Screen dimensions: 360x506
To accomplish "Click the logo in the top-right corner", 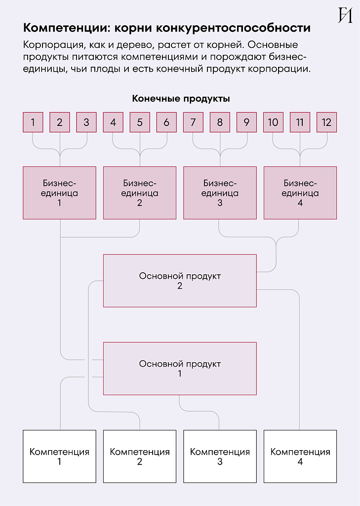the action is pos(345,15).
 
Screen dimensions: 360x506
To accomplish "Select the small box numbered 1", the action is pos(33,123).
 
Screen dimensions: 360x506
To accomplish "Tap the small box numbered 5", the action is pos(140,123).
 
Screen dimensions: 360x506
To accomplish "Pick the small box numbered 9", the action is pos(246,123).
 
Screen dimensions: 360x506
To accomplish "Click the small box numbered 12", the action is pos(326,123).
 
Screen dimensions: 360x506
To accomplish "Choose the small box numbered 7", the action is pos(193,123).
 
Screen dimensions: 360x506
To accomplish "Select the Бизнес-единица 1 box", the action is pos(59,193).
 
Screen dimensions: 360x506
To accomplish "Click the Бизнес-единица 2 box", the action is pos(140,193).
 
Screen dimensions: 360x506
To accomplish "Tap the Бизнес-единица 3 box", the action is pos(220,193).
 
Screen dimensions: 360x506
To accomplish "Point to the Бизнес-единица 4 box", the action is pos(300,193).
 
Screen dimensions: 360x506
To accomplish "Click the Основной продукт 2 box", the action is pos(180,281).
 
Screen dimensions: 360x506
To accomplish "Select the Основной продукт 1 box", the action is pos(180,369).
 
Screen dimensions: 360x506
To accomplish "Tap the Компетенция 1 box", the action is pos(59,456).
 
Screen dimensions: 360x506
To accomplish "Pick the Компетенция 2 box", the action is pos(140,456).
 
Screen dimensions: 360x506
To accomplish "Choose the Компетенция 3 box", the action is pos(220,456).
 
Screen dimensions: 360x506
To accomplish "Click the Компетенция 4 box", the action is pos(300,456).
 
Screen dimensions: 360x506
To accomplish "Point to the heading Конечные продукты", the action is pos(181,99).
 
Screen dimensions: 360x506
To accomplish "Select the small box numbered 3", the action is pos(86,123).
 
